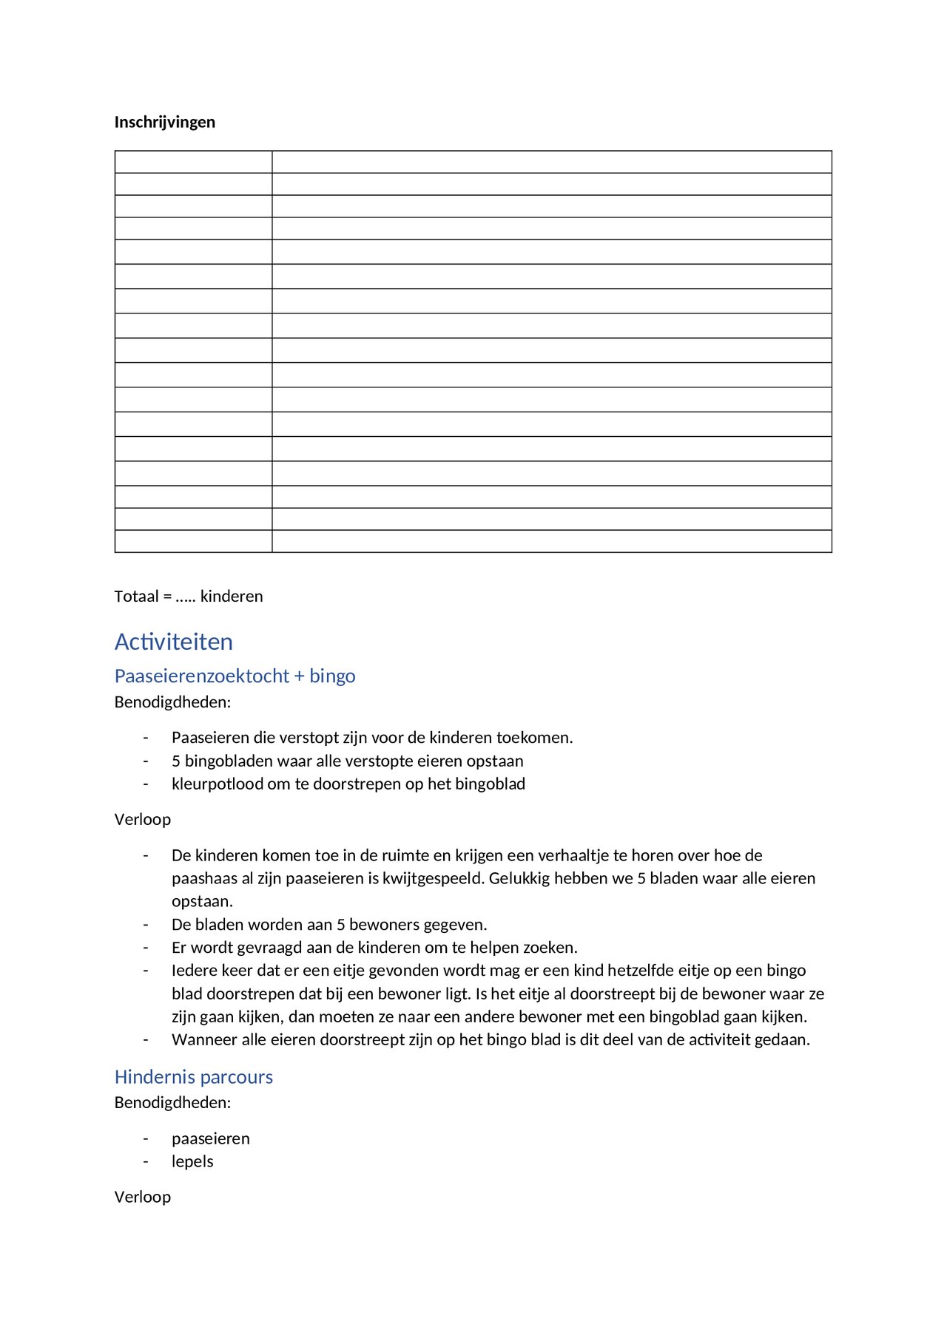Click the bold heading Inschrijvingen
pos(164,122)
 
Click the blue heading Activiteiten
pos(173,642)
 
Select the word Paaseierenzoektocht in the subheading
pos(202,676)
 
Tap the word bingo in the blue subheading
pos(332,676)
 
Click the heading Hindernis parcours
pos(193,1077)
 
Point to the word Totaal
pos(136,596)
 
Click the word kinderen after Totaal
pos(232,596)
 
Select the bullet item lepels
pos(192,1161)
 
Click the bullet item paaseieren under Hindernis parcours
pos(211,1138)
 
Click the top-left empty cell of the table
pos(193,162)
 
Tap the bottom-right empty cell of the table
pos(551,541)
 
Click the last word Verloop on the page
pos(143,1197)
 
